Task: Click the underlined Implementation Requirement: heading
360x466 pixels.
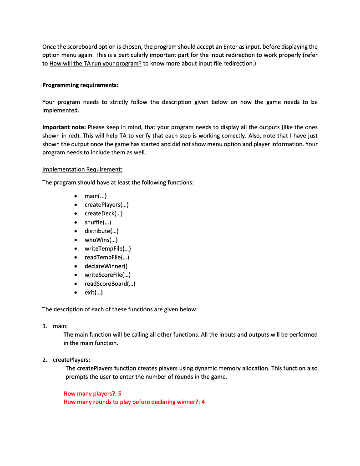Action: [x=82, y=169]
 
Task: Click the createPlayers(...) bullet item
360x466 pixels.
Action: [x=107, y=205]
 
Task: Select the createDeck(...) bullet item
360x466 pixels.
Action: [x=103, y=213]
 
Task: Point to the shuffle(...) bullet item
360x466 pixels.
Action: [x=98, y=223]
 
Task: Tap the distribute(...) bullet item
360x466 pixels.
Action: [x=101, y=231]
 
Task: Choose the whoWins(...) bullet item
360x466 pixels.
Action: [x=101, y=240]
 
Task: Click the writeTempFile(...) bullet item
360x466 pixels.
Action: [x=108, y=248]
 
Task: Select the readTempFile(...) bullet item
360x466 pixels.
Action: [x=107, y=257]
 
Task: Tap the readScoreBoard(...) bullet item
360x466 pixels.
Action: [x=110, y=284]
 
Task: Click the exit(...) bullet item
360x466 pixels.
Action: [x=94, y=292]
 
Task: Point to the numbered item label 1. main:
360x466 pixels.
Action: [x=55, y=326]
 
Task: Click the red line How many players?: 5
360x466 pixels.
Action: [x=92, y=394]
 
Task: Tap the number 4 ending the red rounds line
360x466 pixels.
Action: [x=203, y=402]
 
